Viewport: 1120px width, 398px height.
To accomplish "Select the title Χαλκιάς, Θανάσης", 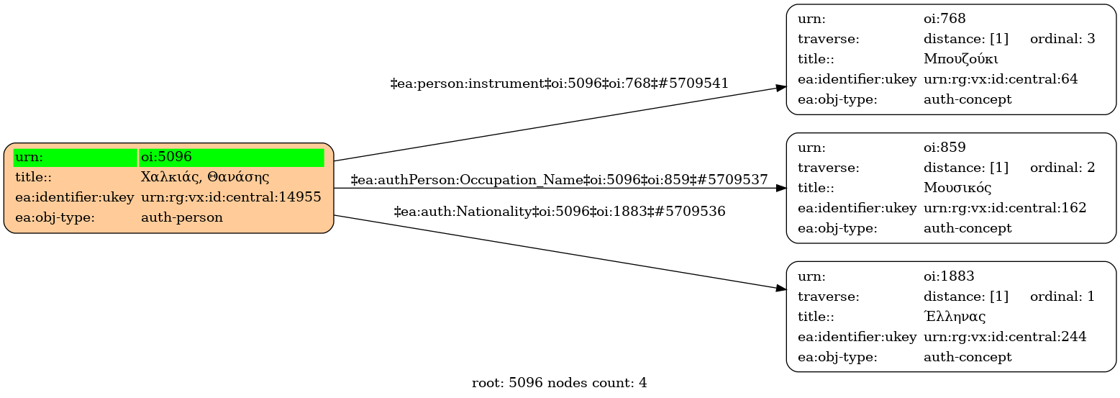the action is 205,177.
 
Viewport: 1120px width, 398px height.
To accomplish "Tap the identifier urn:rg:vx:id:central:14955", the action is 231,197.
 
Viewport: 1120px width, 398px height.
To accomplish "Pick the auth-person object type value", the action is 182,217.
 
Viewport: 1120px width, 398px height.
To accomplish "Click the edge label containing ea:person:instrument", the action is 559,83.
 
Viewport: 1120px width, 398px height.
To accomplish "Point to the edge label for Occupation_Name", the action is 559,179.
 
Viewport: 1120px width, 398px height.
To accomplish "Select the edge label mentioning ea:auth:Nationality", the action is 560,212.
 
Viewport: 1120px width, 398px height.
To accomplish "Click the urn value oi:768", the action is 944,19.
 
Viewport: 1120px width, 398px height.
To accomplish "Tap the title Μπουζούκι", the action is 960,59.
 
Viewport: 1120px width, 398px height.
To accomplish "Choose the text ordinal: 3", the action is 1062,38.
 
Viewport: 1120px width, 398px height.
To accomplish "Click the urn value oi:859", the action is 944,147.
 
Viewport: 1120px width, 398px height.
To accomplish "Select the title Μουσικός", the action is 957,188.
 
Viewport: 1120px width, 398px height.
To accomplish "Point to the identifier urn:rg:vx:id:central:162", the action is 1005,207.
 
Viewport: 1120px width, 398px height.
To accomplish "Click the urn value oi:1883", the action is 949,276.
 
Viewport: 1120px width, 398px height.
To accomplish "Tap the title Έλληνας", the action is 955,316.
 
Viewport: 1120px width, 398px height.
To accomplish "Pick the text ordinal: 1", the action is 1062,296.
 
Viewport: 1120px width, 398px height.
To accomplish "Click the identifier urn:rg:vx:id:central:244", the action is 1005,337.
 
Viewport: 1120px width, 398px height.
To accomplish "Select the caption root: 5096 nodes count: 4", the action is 559,383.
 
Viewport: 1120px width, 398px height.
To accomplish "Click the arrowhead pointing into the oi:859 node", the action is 781,188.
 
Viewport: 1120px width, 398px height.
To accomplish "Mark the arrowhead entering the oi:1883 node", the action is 781,289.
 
